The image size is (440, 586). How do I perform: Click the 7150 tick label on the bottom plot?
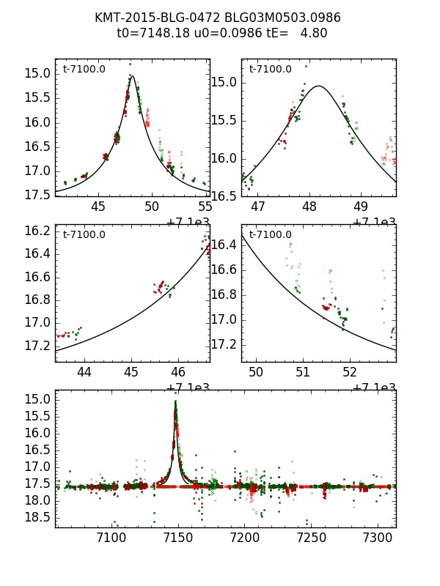click(176, 541)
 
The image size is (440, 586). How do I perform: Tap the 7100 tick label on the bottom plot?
click(109, 541)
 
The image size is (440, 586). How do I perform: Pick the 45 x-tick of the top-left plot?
click(98, 207)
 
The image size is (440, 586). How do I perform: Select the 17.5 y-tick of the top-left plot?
click(36, 196)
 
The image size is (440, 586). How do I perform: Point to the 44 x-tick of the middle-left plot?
click(84, 372)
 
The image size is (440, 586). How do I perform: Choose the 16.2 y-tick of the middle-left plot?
click(36, 231)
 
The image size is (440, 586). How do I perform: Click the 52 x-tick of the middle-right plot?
click(350, 372)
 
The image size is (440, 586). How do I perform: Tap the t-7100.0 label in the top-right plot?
click(270, 70)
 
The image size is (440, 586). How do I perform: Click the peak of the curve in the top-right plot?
click(319, 86)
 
